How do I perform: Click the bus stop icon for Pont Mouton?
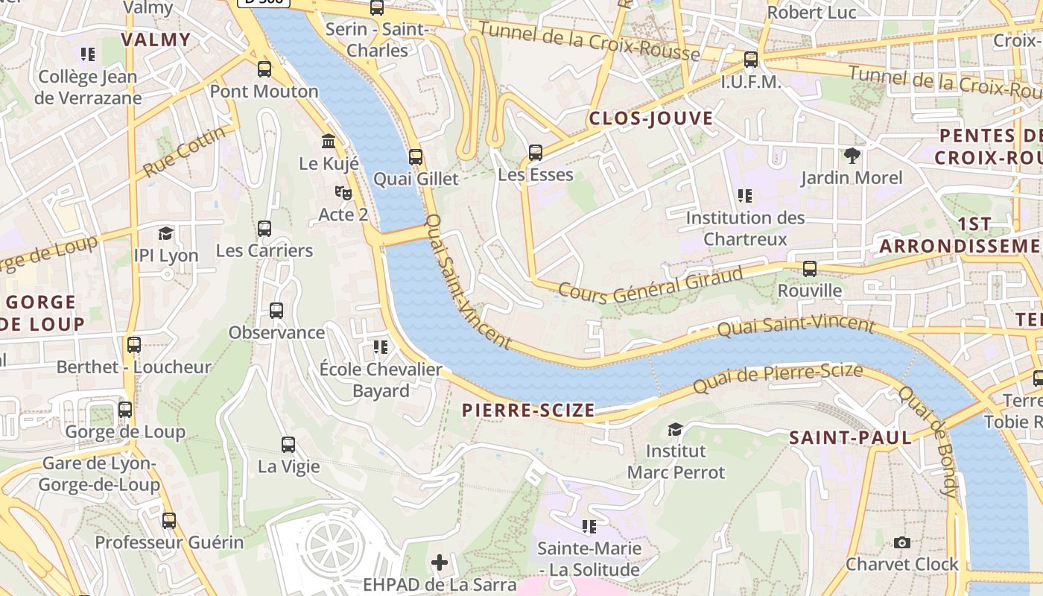pyautogui.click(x=264, y=69)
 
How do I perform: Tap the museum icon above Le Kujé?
pyautogui.click(x=328, y=141)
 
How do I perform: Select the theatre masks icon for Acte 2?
pyautogui.click(x=343, y=192)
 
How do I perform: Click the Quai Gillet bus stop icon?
pyautogui.click(x=416, y=157)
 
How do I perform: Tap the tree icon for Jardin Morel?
pyautogui.click(x=852, y=155)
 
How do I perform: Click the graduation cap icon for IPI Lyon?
pyautogui.click(x=165, y=233)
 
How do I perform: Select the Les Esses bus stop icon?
pyautogui.click(x=535, y=153)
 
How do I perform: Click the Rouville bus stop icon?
pyautogui.click(x=810, y=268)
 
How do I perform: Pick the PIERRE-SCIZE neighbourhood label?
pyautogui.click(x=528, y=410)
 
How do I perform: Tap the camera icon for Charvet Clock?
pyautogui.click(x=902, y=542)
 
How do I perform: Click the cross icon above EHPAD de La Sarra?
pyautogui.click(x=440, y=562)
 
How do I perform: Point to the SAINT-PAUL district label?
pyautogui.click(x=850, y=437)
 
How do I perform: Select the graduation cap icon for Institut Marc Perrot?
pyautogui.click(x=675, y=429)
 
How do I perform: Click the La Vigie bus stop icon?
pyautogui.click(x=288, y=445)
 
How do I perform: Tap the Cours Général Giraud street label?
pyautogui.click(x=650, y=285)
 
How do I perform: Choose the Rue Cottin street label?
pyautogui.click(x=184, y=151)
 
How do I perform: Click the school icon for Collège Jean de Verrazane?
pyautogui.click(x=88, y=54)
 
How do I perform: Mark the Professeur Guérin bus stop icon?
pyautogui.click(x=169, y=520)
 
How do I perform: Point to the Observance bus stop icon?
pyautogui.click(x=276, y=310)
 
